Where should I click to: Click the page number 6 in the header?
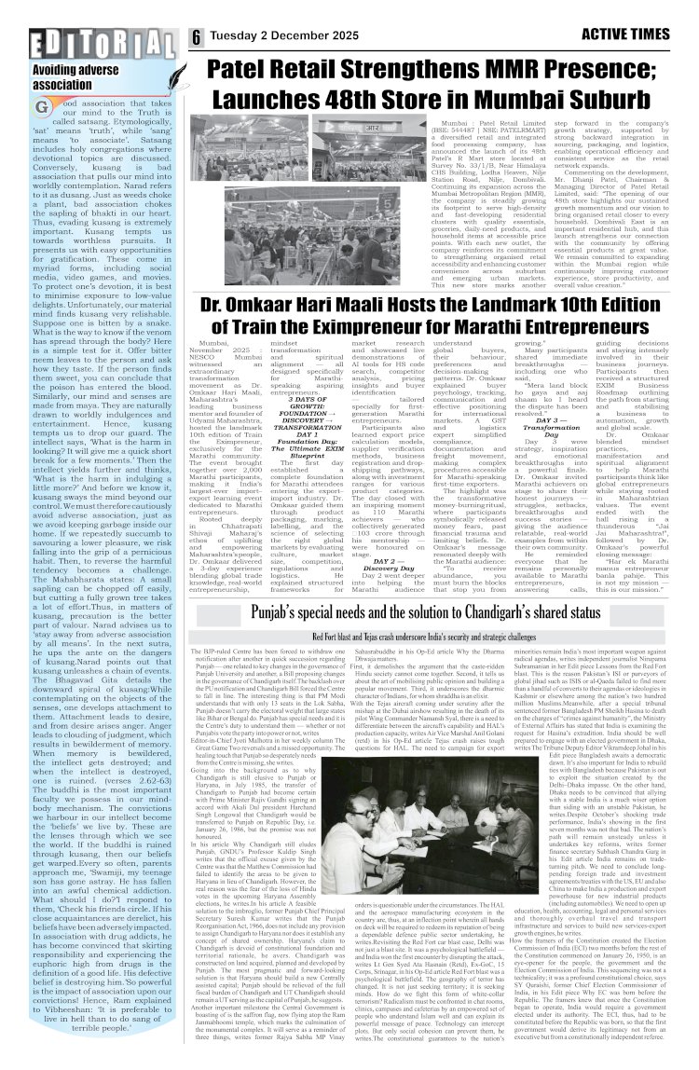pyautogui.click(x=197, y=38)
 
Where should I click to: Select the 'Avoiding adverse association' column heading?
pyautogui.click(x=75, y=75)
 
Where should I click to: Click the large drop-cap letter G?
pyautogui.click(x=44, y=107)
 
